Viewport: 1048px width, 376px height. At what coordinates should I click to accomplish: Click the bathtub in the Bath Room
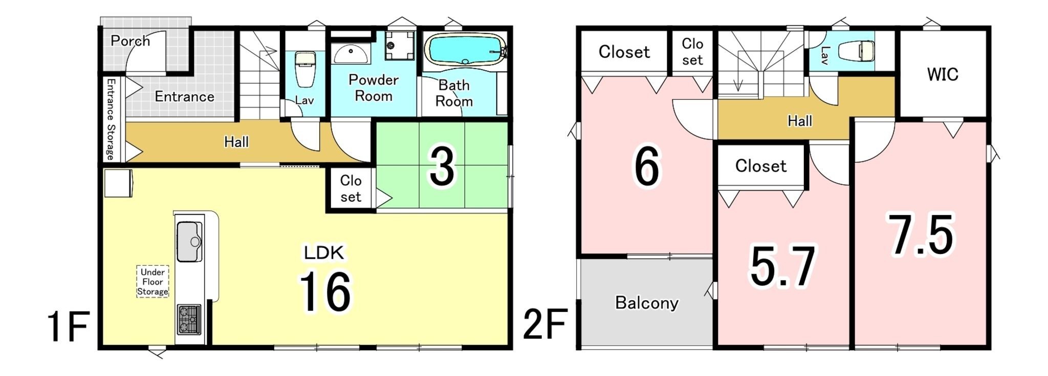(x=465, y=50)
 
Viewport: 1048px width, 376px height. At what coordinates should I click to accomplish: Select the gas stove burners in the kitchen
(x=189, y=319)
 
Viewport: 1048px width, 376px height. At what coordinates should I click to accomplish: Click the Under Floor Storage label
(x=152, y=282)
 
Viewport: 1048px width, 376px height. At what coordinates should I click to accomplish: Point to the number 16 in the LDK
(x=325, y=291)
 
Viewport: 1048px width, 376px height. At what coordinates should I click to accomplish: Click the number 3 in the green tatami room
(x=442, y=166)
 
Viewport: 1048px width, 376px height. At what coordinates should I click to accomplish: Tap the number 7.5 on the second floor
(x=921, y=234)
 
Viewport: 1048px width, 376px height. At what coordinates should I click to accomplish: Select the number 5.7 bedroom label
(x=782, y=265)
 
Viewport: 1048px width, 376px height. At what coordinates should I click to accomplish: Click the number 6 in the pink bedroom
(x=647, y=166)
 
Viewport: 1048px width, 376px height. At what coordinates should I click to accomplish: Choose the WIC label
(x=943, y=74)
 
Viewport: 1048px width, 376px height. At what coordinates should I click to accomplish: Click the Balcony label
(x=647, y=303)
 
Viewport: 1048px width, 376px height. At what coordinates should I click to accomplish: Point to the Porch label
(x=130, y=41)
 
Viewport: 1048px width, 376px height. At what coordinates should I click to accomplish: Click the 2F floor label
(x=545, y=324)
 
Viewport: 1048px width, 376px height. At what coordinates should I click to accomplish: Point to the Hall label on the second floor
(x=800, y=121)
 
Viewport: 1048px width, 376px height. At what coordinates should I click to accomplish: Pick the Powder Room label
(x=374, y=88)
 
